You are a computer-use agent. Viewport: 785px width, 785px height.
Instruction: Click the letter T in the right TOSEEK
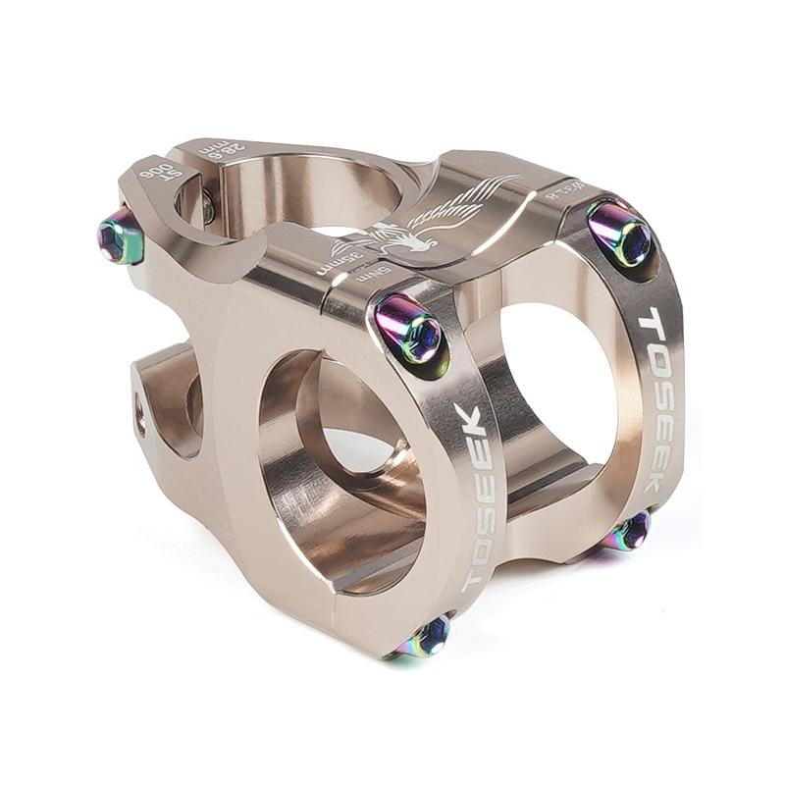(x=650, y=321)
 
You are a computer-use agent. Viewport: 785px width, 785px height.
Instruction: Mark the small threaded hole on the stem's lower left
(x=139, y=401)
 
